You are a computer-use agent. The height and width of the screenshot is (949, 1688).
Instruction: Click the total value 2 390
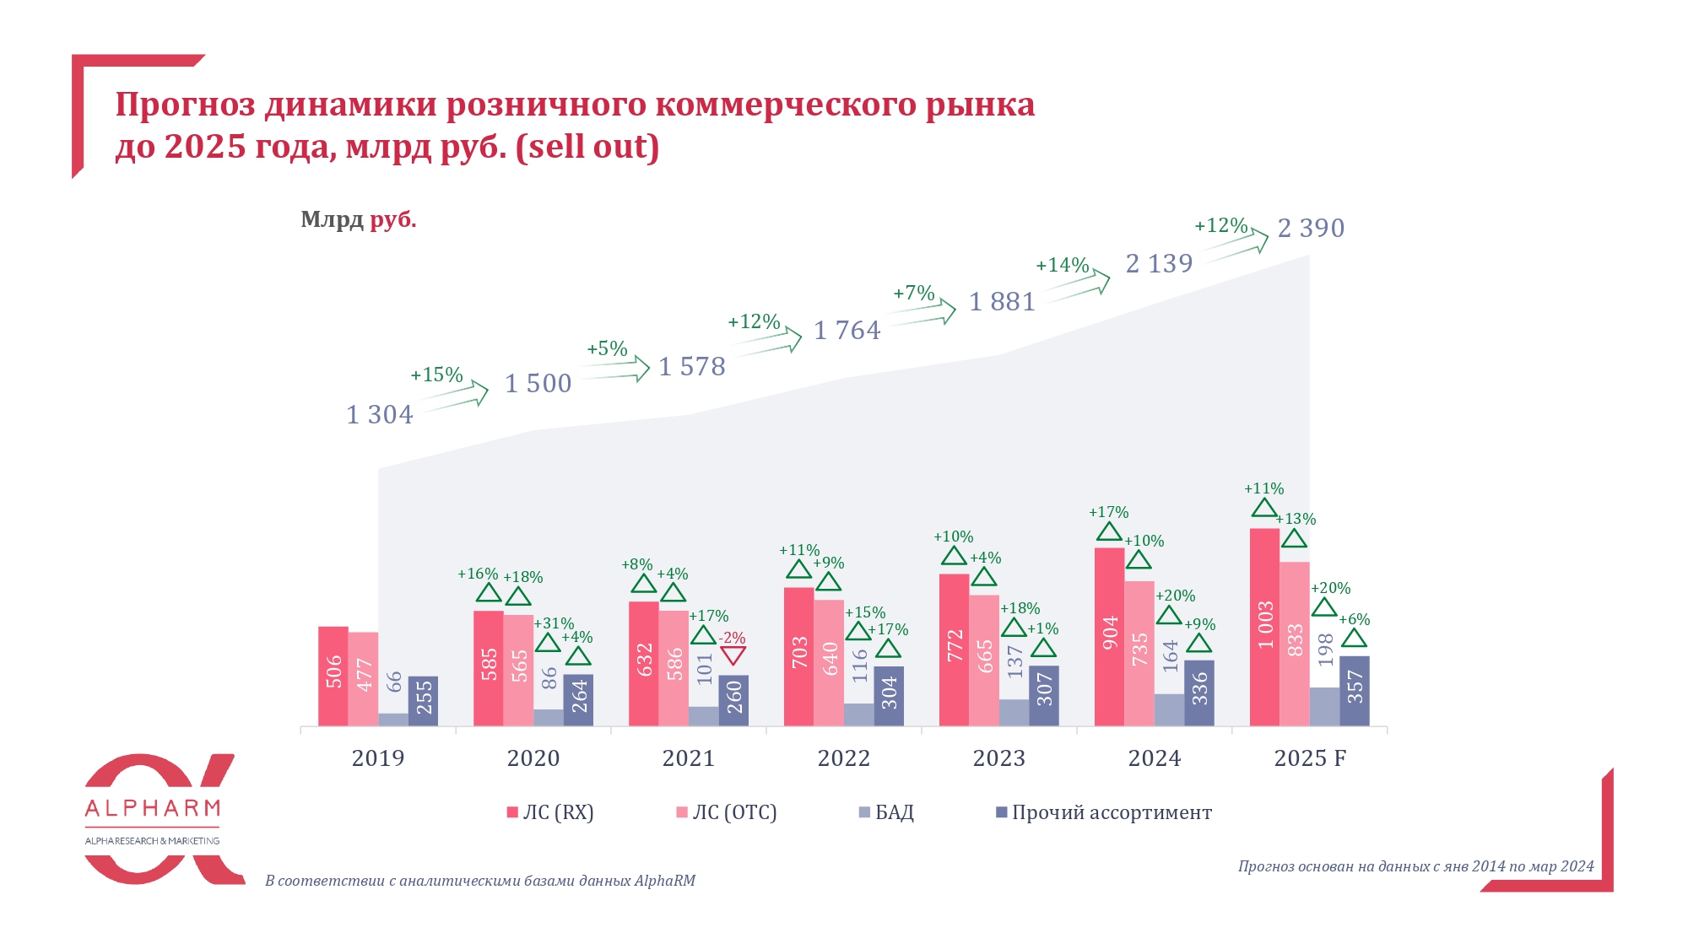pyautogui.click(x=1311, y=229)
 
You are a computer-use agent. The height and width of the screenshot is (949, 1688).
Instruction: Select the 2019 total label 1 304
pyautogui.click(x=380, y=415)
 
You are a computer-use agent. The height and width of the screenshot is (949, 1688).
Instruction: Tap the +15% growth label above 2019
pyautogui.click(x=436, y=375)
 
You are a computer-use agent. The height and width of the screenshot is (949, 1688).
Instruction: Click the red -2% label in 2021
pyautogui.click(x=733, y=639)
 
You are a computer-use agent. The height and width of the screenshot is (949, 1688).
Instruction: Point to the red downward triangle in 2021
pyautogui.click(x=733, y=655)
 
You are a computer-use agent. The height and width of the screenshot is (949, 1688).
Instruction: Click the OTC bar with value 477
pyautogui.click(x=364, y=678)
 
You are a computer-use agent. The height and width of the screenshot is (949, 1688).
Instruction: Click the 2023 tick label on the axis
pyautogui.click(x=999, y=758)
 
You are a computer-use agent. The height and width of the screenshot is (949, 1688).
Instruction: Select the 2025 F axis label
pyautogui.click(x=1310, y=758)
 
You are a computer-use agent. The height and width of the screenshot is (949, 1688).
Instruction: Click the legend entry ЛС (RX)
pyautogui.click(x=550, y=812)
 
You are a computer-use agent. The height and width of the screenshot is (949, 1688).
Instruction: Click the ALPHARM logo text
pyautogui.click(x=153, y=808)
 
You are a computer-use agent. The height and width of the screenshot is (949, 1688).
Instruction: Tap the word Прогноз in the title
pyautogui.click(x=185, y=105)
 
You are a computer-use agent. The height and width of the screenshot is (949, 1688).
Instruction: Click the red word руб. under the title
pyautogui.click(x=393, y=220)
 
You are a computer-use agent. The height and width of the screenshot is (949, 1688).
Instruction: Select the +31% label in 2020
pyautogui.click(x=554, y=624)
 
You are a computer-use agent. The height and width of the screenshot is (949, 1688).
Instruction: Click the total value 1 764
pyautogui.click(x=847, y=331)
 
